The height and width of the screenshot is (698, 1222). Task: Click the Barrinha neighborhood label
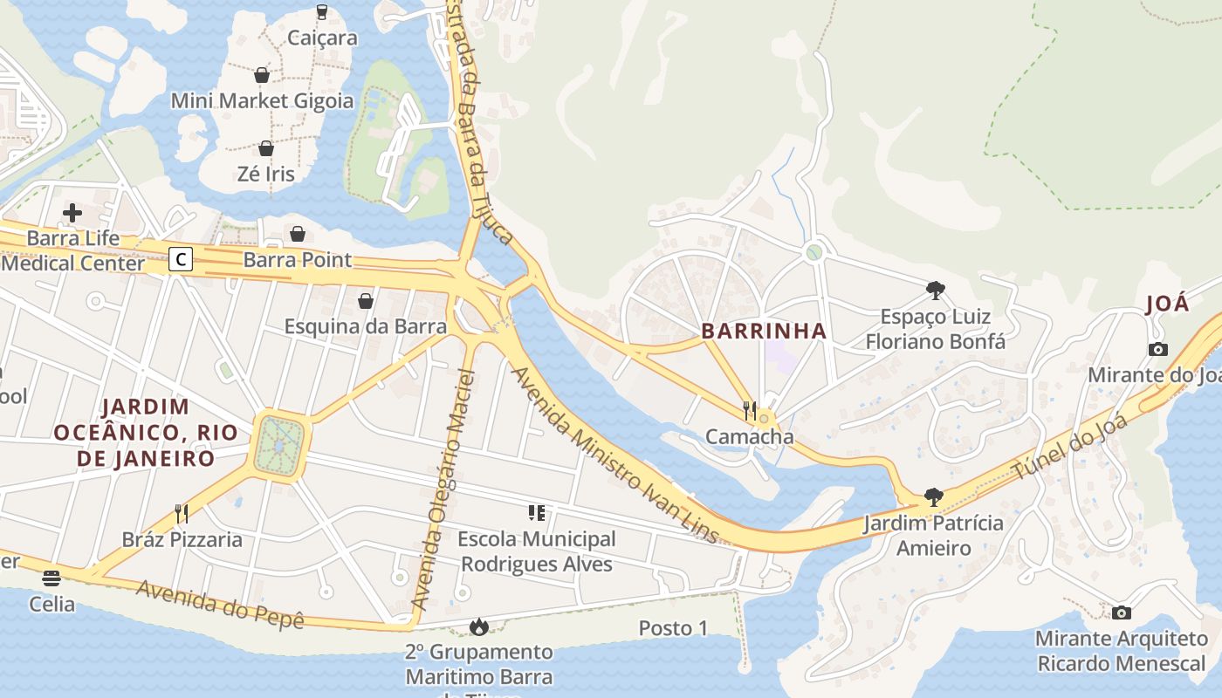coord(764,331)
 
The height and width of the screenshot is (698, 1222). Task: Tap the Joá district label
coord(1167,304)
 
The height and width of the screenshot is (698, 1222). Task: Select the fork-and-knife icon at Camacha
coord(749,410)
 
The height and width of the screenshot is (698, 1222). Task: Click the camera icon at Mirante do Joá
coord(1158,349)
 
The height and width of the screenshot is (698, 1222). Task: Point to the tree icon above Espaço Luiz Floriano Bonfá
coord(935,290)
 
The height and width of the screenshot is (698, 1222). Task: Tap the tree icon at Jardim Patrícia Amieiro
coord(933,497)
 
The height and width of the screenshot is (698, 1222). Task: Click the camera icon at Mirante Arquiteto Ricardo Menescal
coord(1122,612)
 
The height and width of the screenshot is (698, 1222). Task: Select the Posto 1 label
coord(673,628)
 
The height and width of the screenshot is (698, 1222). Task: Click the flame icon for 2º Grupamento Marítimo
coord(478,626)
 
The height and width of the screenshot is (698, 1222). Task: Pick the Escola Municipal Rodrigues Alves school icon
coord(536,513)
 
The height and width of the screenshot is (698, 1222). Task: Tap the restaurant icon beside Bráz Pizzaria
coord(182,513)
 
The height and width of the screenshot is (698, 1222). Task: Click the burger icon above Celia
coord(51,578)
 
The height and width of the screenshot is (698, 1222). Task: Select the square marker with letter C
coord(181,259)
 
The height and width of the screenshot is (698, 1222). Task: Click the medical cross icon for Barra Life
coord(72,212)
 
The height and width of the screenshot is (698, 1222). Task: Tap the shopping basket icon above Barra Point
coord(298,234)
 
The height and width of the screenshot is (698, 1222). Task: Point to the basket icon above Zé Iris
coord(266,148)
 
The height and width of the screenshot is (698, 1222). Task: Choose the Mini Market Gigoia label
coord(262,100)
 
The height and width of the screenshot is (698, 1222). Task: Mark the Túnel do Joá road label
coord(1070,448)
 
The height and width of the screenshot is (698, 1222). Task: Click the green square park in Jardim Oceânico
coord(279,445)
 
